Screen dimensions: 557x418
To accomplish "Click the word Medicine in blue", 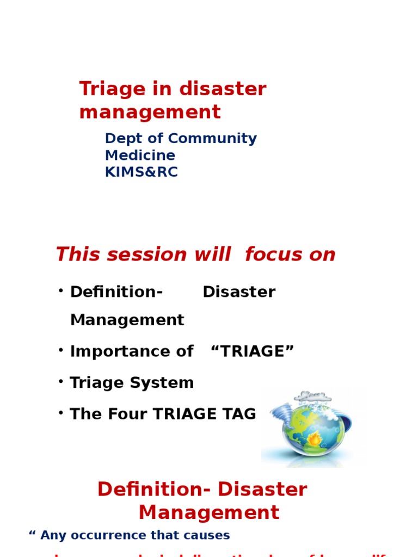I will click(140, 156).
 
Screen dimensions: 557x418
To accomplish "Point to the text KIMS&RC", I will click(141, 172).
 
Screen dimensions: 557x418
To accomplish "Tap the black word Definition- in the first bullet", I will click(116, 292).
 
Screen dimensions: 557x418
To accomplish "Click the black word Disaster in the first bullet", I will click(239, 292).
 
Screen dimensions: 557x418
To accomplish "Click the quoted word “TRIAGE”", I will click(252, 351).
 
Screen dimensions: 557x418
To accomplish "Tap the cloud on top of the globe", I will click(313, 397).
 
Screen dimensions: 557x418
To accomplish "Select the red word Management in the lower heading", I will click(208, 513).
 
